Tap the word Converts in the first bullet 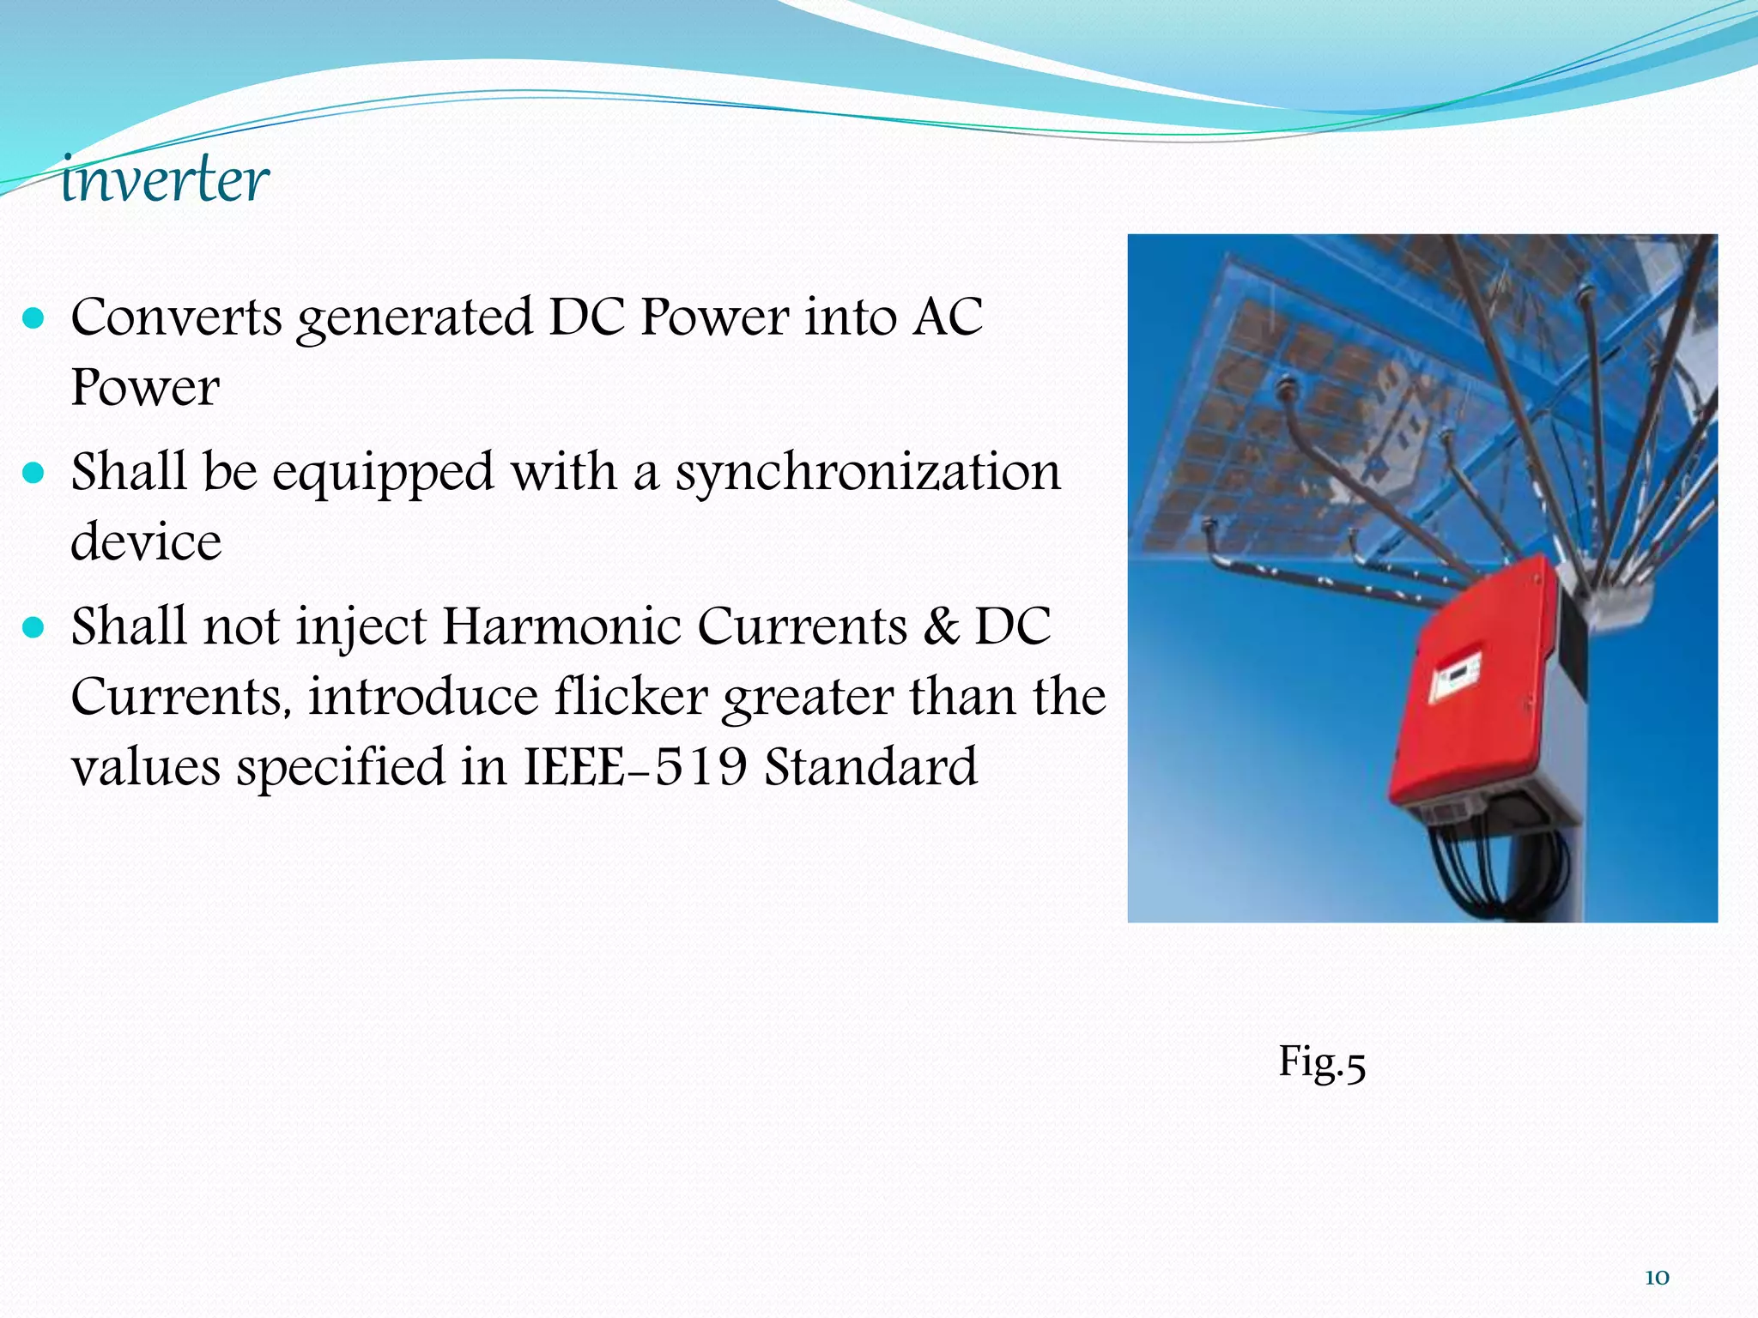click(x=176, y=317)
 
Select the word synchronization click(x=867, y=474)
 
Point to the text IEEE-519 click(x=635, y=766)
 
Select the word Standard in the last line click(x=870, y=766)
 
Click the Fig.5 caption click(x=1321, y=1062)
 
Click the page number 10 click(x=1656, y=1278)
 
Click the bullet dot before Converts click(x=33, y=319)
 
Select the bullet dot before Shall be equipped click(x=33, y=474)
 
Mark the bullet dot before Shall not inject click(x=33, y=628)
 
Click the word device click(x=146, y=543)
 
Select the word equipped click(x=383, y=474)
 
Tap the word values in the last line click(x=145, y=766)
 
